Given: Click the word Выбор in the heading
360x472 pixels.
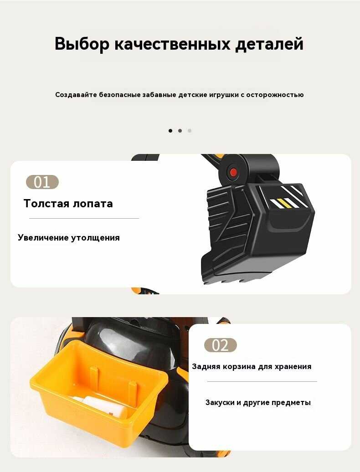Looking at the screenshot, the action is point(82,44).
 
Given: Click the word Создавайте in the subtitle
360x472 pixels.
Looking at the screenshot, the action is point(76,95).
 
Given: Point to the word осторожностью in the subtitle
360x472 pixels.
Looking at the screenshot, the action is point(275,95).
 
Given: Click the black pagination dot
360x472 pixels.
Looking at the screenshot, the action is point(170,131).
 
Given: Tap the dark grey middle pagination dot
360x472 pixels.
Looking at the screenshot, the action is point(180,131).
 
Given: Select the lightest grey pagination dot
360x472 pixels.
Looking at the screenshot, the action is point(189,131).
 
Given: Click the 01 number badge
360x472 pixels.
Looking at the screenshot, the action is point(42,182).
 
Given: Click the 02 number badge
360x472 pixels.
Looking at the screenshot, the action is point(221,345).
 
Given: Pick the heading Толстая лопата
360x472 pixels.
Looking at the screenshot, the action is point(68,204).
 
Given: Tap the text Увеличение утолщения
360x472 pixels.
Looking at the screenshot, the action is point(69,237).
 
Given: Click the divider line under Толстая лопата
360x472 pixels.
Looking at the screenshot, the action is point(84,218).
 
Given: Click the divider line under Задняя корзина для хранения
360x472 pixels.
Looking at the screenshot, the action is point(262,381).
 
